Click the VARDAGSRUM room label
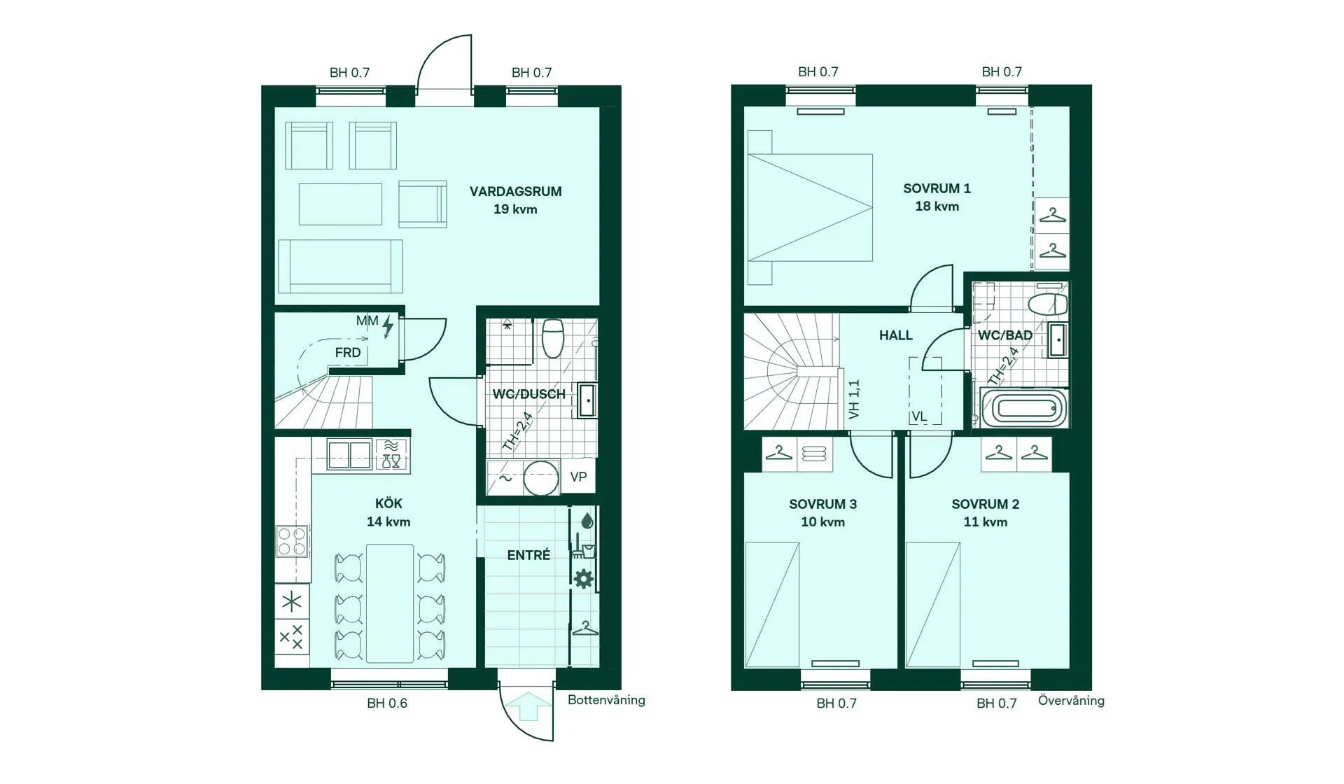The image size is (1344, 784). pyautogui.click(x=515, y=192)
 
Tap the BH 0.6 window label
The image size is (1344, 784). pyautogui.click(x=386, y=703)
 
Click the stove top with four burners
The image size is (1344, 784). pyautogui.click(x=292, y=541)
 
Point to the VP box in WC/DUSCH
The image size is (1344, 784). pyautogui.click(x=578, y=477)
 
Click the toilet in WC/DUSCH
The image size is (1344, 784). pyautogui.click(x=553, y=337)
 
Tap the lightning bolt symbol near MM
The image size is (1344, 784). pyautogui.click(x=388, y=326)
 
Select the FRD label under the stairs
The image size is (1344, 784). pyautogui.click(x=348, y=353)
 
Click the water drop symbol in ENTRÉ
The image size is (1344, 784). pyautogui.click(x=587, y=521)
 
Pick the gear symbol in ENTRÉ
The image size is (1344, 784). pyautogui.click(x=584, y=579)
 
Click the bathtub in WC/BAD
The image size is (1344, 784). pyautogui.click(x=1023, y=408)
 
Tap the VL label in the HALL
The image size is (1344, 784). pyautogui.click(x=919, y=416)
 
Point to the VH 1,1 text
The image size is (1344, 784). pyautogui.click(x=854, y=400)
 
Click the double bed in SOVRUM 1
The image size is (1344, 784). pyautogui.click(x=811, y=207)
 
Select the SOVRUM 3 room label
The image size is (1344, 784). pyautogui.click(x=822, y=504)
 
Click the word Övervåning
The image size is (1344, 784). pyautogui.click(x=1070, y=701)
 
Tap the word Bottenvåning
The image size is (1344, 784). pyautogui.click(x=606, y=700)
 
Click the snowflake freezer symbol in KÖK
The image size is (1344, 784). pyautogui.click(x=292, y=601)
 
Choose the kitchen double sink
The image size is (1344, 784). pyautogui.click(x=349, y=455)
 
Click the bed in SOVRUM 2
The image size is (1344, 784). pyautogui.click(x=932, y=604)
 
